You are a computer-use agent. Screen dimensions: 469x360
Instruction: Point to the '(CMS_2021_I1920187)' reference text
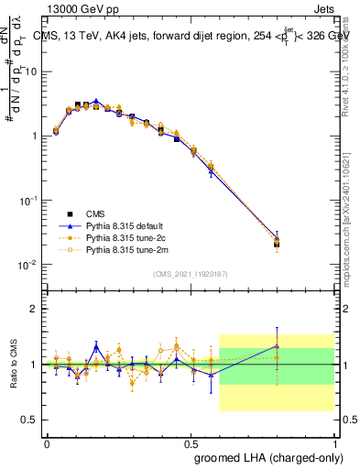pos(191,274)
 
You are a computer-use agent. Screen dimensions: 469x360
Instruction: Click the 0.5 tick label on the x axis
pos(191,442)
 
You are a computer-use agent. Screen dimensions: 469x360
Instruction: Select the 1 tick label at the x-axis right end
pos(333,442)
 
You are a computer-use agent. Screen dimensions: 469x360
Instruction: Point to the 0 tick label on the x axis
pos(47,442)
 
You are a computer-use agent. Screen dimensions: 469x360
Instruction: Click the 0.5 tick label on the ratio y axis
pos(32,420)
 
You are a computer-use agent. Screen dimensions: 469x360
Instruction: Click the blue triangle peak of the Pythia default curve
pos(96,102)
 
